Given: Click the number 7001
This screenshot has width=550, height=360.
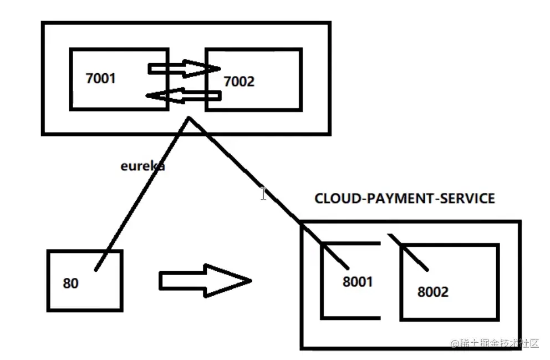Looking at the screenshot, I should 101,78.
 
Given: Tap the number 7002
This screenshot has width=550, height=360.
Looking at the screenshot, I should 238,82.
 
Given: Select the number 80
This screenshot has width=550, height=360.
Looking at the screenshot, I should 70,283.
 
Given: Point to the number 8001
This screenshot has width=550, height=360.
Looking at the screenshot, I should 358,281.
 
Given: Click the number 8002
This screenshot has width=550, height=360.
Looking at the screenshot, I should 432,292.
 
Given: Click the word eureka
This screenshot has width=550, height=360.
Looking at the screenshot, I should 142,165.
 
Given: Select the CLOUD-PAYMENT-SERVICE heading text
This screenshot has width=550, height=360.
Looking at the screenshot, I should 404,199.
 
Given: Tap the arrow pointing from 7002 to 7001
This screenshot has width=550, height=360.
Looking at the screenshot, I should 183,95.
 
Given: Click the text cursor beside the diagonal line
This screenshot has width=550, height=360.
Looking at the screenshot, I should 263,193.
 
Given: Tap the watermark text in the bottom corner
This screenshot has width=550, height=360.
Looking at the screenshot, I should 495,343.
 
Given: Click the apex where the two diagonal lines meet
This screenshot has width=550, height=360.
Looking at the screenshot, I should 190,118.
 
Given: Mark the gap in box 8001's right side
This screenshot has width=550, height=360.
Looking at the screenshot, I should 380,281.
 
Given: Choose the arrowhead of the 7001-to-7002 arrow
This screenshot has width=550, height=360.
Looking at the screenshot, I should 211,69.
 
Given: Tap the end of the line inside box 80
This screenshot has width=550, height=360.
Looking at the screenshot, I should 96,270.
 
